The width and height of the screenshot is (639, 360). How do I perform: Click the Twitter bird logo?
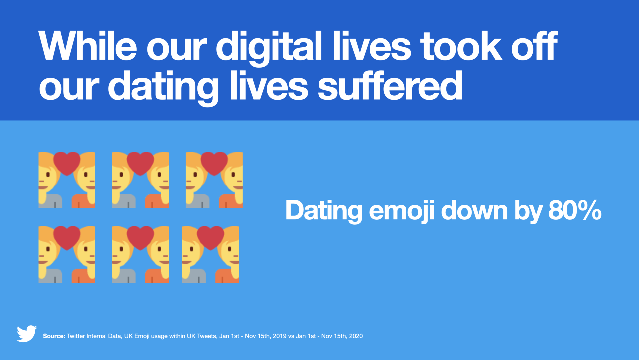tap(27, 333)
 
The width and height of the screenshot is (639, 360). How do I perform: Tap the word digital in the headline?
tap(269, 47)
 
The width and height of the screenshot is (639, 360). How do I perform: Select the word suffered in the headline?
tap(390, 86)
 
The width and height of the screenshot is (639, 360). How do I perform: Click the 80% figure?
tap(575, 210)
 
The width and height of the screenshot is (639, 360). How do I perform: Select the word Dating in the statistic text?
tap(323, 211)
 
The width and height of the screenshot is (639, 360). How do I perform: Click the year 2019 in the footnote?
tap(280, 336)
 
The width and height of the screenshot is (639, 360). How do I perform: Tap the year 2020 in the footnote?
tap(356, 336)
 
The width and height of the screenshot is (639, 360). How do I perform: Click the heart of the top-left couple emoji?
tap(67, 163)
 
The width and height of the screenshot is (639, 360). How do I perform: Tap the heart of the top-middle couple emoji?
tap(140, 163)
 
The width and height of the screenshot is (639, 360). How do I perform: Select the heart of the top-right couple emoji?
tap(214, 163)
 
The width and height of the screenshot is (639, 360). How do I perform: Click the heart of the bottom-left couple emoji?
tap(67, 237)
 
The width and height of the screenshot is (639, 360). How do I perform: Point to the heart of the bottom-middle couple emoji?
tap(140, 237)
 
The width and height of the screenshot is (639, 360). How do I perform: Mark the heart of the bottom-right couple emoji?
tap(210, 237)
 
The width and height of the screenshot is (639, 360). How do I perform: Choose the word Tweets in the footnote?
tap(206, 336)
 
